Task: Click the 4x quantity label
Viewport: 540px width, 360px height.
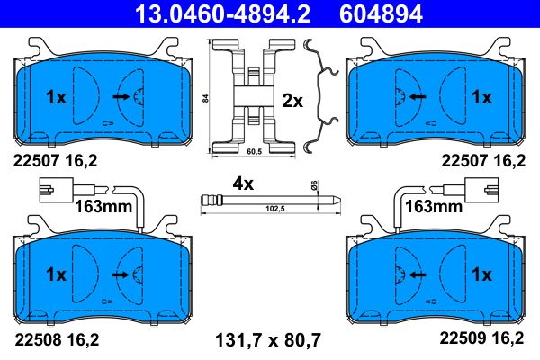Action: [x=243, y=183]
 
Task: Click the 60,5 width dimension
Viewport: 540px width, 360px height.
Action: [x=256, y=153]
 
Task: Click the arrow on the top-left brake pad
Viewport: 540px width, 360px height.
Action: [x=120, y=95]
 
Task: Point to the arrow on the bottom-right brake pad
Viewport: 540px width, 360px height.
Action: [x=416, y=274]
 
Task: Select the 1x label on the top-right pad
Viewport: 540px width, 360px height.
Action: [x=481, y=95]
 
